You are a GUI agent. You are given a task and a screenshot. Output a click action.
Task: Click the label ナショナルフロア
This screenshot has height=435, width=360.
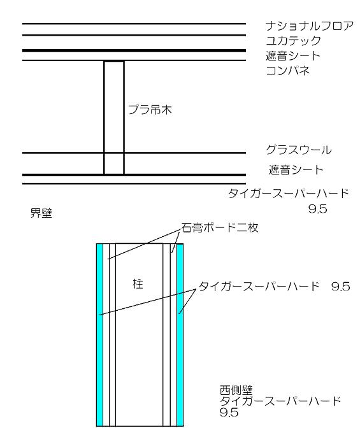309,26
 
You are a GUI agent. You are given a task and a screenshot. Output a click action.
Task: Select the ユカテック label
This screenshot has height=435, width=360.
293,41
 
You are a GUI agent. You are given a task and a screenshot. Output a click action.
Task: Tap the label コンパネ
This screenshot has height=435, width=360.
287,71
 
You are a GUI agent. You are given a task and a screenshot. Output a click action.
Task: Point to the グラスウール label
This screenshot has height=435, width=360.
298,150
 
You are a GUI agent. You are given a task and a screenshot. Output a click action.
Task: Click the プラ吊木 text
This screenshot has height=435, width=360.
150,110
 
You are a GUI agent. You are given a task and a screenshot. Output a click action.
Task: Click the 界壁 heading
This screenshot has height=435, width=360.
41,213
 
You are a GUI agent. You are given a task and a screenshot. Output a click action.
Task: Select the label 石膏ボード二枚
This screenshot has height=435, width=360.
220,227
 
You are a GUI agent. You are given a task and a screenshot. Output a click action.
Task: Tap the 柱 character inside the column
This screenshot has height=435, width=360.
138,284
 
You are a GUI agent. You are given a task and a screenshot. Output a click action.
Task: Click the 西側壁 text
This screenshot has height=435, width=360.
236,390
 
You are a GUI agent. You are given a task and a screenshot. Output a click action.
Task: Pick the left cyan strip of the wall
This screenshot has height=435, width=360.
99,335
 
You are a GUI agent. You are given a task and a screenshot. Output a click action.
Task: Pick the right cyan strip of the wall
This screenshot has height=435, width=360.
180,335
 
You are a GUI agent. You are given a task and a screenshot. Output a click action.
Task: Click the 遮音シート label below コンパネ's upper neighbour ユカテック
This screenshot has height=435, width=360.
293,56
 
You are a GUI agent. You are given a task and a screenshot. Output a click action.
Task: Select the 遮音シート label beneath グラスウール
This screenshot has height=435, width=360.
296,170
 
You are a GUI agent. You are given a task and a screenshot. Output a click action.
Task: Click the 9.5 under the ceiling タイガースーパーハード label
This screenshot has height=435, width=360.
317,209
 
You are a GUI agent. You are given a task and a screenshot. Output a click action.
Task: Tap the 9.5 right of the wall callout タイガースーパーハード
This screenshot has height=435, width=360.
341,287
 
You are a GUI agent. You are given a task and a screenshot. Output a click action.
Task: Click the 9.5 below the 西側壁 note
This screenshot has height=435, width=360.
229,412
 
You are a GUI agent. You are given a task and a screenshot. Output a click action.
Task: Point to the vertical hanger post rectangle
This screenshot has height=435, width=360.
114,118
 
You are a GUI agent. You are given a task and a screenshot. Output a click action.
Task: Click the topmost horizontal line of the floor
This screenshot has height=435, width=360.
134,24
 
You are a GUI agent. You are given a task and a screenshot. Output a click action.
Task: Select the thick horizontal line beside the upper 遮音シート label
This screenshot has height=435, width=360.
134,50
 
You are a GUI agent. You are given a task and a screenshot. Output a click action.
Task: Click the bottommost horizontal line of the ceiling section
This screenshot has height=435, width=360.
134,183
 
